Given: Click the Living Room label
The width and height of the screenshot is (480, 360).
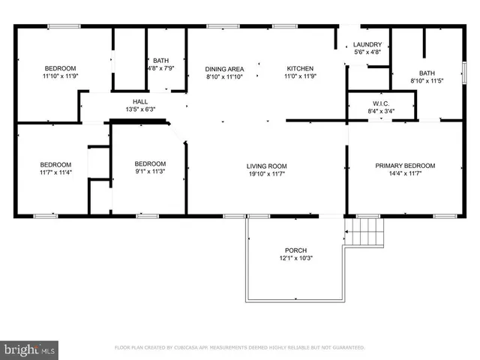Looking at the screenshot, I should pyautogui.click(x=267, y=166).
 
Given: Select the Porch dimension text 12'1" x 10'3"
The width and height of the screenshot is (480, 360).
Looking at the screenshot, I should pyautogui.click(x=295, y=259).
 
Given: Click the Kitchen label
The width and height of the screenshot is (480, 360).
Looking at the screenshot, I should pyautogui.click(x=298, y=68).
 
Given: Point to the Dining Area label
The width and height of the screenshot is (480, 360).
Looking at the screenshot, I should pyautogui.click(x=225, y=68).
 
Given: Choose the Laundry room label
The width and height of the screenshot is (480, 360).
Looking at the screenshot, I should pyautogui.click(x=367, y=45).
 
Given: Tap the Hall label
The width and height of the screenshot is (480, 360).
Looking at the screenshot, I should pyautogui.click(x=140, y=101).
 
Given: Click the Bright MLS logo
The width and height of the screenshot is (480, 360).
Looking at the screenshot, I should pyautogui.click(x=30, y=349).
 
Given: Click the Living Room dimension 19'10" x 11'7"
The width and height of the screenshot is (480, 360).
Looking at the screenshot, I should pyautogui.click(x=267, y=174).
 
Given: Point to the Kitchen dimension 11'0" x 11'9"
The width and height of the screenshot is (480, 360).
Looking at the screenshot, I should pyautogui.click(x=298, y=76).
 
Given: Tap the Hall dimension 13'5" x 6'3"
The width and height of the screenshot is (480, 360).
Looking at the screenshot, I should pyautogui.click(x=140, y=109).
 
